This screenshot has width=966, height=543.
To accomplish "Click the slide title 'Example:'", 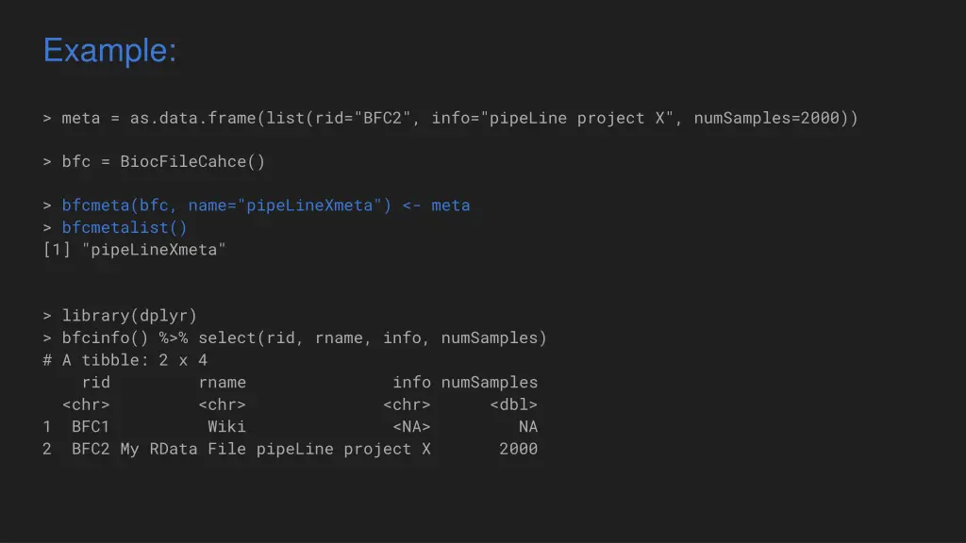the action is coord(109,50).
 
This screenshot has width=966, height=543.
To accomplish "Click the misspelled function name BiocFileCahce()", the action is coord(192,161).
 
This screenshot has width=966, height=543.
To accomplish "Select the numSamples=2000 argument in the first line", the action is coord(771,118).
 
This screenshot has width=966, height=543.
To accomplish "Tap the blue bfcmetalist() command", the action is coord(125,227).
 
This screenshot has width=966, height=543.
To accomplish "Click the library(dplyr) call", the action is coord(129,315).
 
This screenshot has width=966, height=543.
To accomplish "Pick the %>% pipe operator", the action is coord(174,337).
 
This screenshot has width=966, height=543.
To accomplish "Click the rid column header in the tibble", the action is coord(95,382).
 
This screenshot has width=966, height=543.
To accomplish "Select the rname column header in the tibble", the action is coord(222,382).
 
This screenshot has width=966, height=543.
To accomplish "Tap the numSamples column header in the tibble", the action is coord(490,382).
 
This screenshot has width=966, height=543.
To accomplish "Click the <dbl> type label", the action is coord(514,404).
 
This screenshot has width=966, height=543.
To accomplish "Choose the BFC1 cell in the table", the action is coord(91,426).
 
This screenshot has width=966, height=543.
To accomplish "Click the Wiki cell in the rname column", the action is coord(226,426).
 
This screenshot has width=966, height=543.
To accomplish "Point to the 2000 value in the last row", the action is coord(518,449).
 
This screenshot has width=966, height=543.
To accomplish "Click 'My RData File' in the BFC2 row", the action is coord(183,449).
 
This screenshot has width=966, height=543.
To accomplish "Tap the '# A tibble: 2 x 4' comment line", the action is coord(125,359).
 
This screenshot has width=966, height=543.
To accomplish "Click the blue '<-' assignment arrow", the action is coord(411,206).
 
